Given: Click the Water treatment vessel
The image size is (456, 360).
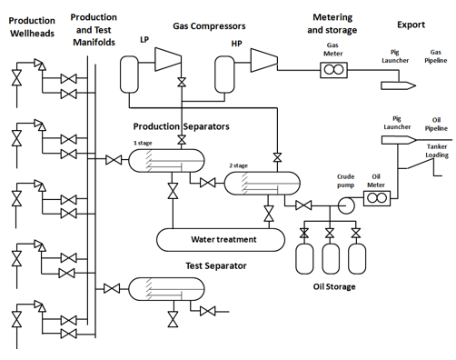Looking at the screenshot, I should click(x=223, y=240).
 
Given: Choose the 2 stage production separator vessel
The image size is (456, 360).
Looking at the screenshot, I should click(x=256, y=184).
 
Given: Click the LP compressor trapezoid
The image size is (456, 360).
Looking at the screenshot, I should click(x=168, y=58).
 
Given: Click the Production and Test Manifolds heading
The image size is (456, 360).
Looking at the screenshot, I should click(x=94, y=29).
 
